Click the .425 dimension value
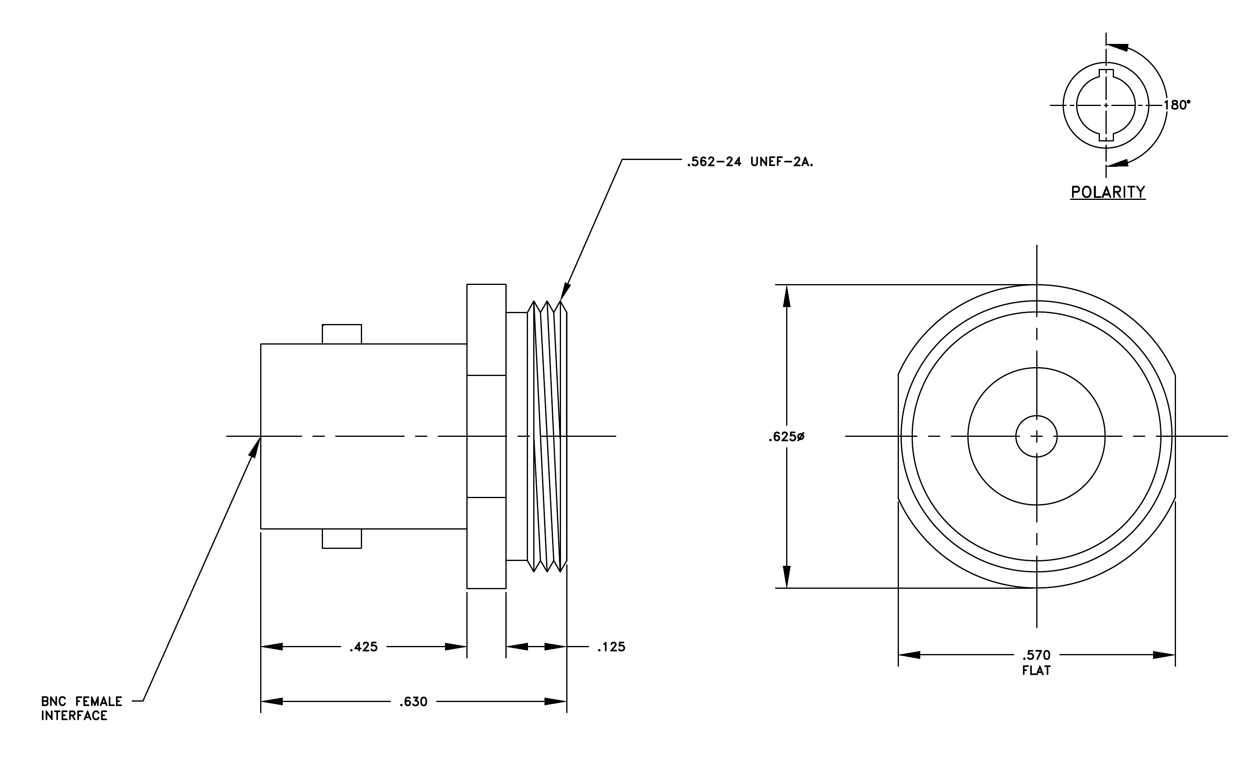(x=363, y=647)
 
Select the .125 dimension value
(x=611, y=647)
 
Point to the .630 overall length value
(x=414, y=702)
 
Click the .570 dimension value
(x=1036, y=655)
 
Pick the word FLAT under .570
(x=1036, y=671)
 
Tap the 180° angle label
(x=1177, y=105)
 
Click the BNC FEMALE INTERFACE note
(x=82, y=708)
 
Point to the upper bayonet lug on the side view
(x=342, y=334)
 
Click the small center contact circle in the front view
(x=1036, y=436)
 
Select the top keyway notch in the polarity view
(x=1106, y=73)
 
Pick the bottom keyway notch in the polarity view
(x=1106, y=137)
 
